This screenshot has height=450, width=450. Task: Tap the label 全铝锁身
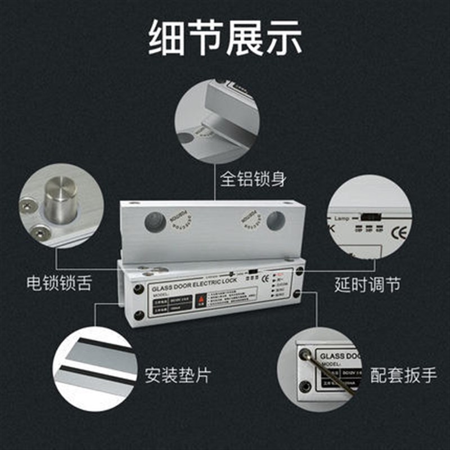[x=254, y=179]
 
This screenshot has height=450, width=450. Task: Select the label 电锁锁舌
[x=60, y=282]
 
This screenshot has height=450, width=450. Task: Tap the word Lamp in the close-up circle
[x=341, y=218]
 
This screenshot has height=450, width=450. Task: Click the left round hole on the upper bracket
[x=155, y=221]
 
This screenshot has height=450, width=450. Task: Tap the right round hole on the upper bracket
[x=275, y=220]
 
